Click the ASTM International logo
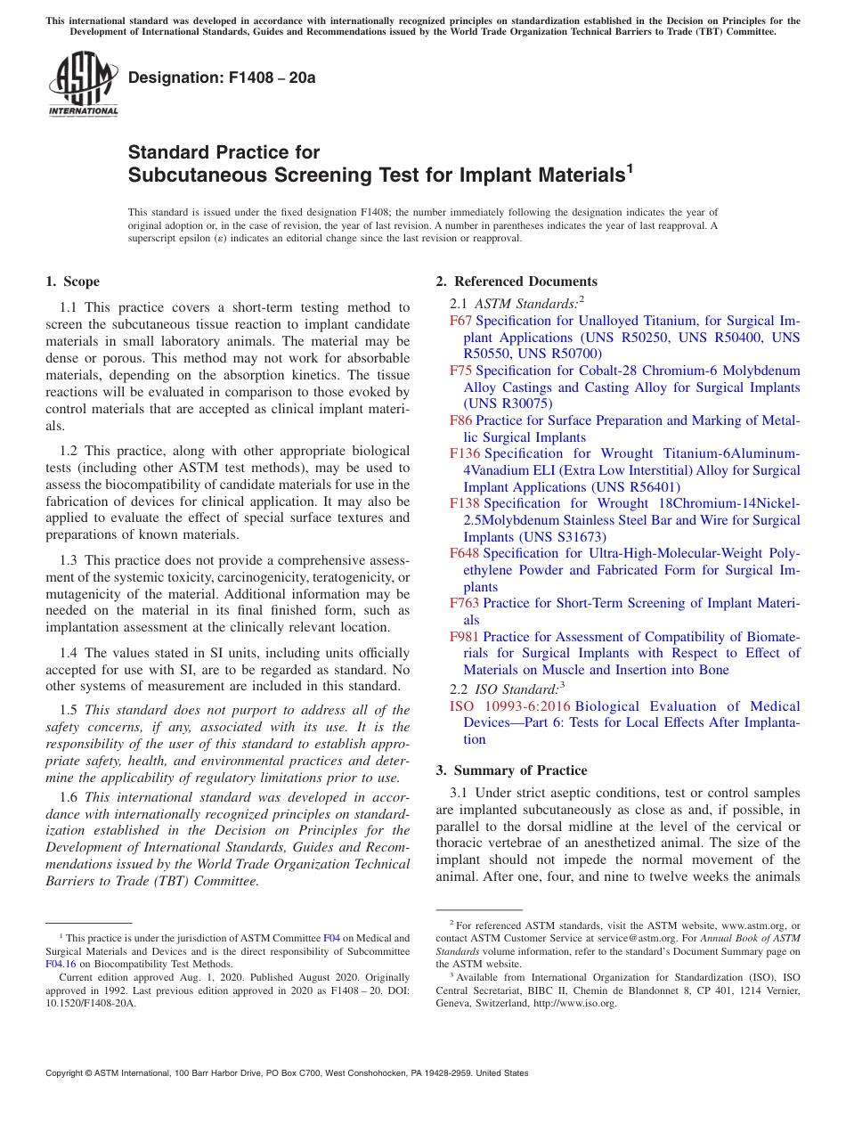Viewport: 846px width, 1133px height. coord(84,85)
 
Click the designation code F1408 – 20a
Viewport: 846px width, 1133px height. coord(222,77)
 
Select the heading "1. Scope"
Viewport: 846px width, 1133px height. coord(72,281)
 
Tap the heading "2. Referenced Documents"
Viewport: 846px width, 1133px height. coord(517,281)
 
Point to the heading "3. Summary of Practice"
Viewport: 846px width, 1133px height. coord(511,770)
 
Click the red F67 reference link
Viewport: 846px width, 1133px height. coord(460,321)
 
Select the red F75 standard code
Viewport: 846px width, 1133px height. coord(460,371)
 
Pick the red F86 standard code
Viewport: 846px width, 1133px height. coord(460,420)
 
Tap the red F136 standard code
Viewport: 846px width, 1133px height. coord(465,453)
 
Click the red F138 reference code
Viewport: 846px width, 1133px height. coord(465,503)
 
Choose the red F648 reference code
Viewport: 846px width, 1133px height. coord(465,553)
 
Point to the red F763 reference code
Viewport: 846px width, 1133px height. coord(465,603)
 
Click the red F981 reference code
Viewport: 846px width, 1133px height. coord(465,637)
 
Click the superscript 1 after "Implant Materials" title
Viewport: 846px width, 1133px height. coord(629,168)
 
